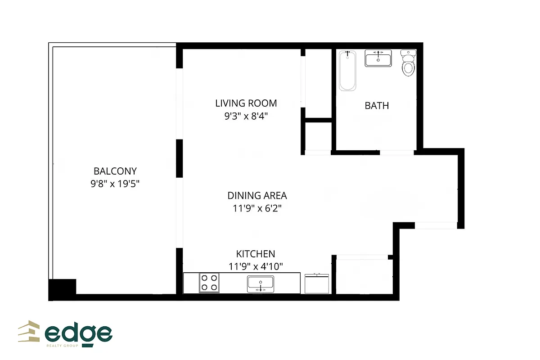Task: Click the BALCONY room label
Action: click(115, 171)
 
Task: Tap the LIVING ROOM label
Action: click(246, 103)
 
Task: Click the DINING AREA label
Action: click(257, 195)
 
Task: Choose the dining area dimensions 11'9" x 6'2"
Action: click(257, 208)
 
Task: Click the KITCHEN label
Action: click(256, 254)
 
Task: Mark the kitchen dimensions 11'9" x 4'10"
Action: click(256, 266)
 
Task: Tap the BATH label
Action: click(377, 106)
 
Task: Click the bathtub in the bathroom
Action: click(347, 71)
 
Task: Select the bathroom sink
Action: click(378, 58)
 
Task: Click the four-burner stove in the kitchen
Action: click(209, 283)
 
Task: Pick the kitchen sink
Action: click(261, 284)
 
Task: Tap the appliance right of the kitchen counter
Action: click(318, 283)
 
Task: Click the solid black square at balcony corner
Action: click(62, 289)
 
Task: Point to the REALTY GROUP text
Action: click(63, 346)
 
